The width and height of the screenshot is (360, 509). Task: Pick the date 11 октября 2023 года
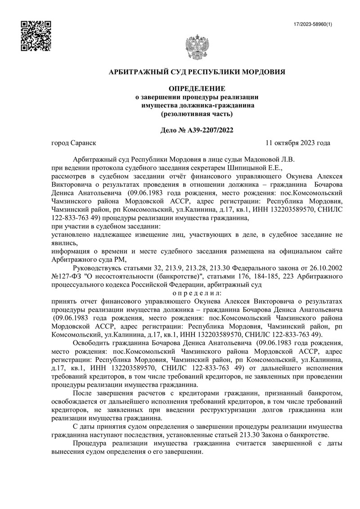[298, 143]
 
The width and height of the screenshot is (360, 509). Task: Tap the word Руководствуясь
[94, 266]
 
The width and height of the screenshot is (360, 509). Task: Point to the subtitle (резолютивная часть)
[197, 114]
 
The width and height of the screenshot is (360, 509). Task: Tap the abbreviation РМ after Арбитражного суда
[119, 258]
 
